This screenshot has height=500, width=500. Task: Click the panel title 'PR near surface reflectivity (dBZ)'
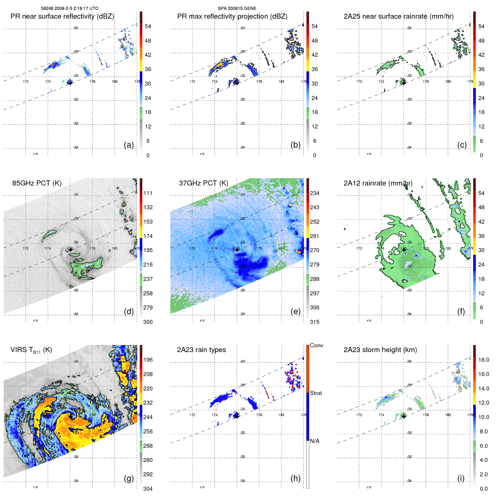pyautogui.click(x=62, y=16)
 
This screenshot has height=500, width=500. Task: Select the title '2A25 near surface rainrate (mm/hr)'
pyautogui.click(x=398, y=16)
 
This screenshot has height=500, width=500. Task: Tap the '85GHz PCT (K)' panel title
pyautogui.click(x=37, y=183)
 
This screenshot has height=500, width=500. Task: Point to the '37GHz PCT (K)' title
pyautogui.click(x=203, y=183)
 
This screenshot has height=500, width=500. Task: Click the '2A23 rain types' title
pyautogui.click(x=201, y=350)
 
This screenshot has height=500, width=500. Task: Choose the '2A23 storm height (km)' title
pyautogui.click(x=380, y=350)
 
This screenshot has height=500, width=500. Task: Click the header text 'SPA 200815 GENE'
pyautogui.click(x=237, y=8)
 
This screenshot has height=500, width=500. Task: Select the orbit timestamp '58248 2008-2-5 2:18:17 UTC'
pyautogui.click(x=69, y=8)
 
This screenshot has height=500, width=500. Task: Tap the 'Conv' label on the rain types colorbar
pyautogui.click(x=316, y=345)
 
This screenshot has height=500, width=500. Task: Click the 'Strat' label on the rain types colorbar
pyautogui.click(x=316, y=393)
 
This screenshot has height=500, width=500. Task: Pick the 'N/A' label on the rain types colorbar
pyautogui.click(x=315, y=441)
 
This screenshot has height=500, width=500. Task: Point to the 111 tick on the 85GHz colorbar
pyautogui.click(x=148, y=193)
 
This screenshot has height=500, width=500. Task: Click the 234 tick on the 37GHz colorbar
pyautogui.click(x=315, y=193)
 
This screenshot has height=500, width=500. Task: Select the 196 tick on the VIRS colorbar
pyautogui.click(x=148, y=360)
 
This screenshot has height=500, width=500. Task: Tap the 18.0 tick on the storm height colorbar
pyautogui.click(x=483, y=360)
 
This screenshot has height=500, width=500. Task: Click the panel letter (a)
pyautogui.click(x=129, y=145)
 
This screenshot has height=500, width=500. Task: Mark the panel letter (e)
pyautogui.click(x=295, y=311)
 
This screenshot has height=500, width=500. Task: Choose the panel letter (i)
pyautogui.click(x=461, y=478)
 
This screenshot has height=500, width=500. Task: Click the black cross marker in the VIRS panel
pyautogui.click(x=70, y=416)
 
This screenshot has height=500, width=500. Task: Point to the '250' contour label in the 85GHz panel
pyautogui.click(x=90, y=268)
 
